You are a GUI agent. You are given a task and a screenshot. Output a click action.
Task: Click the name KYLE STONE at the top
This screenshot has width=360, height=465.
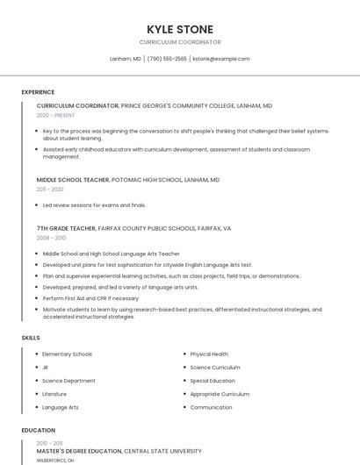point(180,29)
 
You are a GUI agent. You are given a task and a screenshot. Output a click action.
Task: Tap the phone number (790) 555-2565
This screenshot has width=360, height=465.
point(167,59)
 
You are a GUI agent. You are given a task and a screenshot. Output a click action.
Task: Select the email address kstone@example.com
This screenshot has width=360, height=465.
point(221,59)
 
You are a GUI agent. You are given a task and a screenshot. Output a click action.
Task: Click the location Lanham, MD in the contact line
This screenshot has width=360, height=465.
point(126,59)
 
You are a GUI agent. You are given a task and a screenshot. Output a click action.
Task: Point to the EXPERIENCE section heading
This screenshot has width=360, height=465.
point(38,92)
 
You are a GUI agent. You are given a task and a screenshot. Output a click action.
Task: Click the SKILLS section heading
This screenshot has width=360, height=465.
point(31,337)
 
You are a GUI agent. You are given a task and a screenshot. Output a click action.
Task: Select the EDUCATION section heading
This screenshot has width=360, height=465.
point(38,431)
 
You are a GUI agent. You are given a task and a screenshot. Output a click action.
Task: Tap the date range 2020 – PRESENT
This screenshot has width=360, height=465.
point(55,115)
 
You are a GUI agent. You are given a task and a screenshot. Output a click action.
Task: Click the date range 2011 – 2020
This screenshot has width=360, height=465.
point(50,190)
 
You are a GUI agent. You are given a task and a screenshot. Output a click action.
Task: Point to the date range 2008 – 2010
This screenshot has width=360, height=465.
point(51,238)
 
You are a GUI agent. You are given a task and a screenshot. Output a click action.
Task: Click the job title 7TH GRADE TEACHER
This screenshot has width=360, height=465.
point(67,228)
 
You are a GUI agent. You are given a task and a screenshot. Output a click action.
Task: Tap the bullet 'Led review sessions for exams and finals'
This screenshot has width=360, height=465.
point(94,205)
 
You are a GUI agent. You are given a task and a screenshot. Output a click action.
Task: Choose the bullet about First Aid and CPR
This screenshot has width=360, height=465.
point(90,298)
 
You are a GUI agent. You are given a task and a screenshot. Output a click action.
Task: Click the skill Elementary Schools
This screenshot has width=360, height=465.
point(67,354)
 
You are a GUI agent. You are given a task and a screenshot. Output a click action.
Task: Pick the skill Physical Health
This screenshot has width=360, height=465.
point(209,354)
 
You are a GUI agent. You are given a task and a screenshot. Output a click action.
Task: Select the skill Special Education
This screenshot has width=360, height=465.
point(212,381)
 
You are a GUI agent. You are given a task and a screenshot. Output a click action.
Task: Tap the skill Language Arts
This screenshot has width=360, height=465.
point(61,407)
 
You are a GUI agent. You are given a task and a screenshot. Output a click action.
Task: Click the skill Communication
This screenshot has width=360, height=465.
point(211,407)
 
